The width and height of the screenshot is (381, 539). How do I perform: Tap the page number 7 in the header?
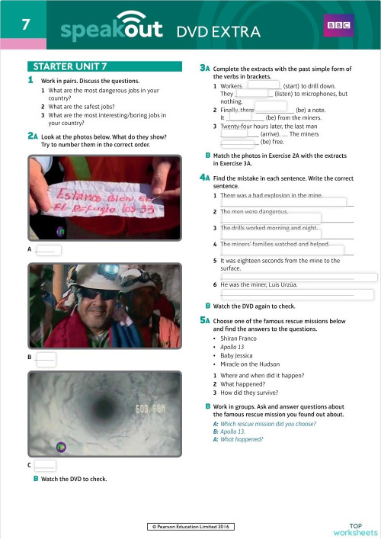[x=26, y=24]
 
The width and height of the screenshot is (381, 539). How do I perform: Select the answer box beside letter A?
[x=48, y=249]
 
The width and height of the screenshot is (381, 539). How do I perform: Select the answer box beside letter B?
[x=47, y=357]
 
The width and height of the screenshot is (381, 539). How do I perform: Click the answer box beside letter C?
[x=46, y=464]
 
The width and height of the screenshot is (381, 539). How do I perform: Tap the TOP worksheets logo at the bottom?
[x=355, y=528]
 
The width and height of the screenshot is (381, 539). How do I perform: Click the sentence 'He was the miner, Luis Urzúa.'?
[x=258, y=284]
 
